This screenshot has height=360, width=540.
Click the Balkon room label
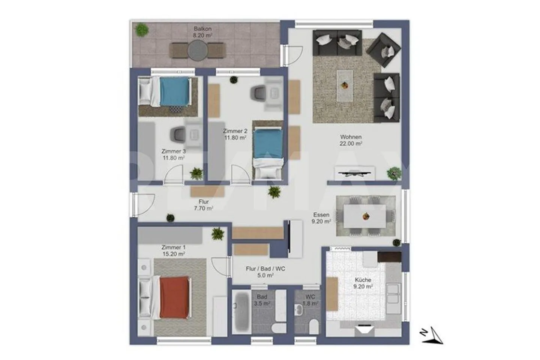click(202, 28)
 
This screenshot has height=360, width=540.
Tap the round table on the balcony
click(198, 50)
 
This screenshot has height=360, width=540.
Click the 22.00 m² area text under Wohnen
click(351, 144)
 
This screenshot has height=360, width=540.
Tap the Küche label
click(363, 280)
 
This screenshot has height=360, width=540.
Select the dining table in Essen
click(365, 216)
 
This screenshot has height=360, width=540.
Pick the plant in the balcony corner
click(142, 29)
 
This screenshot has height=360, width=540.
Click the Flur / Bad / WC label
click(265, 269)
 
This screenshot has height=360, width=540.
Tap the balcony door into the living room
click(295, 55)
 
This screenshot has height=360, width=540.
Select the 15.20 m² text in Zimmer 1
click(173, 254)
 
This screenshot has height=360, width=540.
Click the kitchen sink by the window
click(393, 293)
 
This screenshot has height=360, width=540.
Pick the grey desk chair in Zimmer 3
click(178, 134)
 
